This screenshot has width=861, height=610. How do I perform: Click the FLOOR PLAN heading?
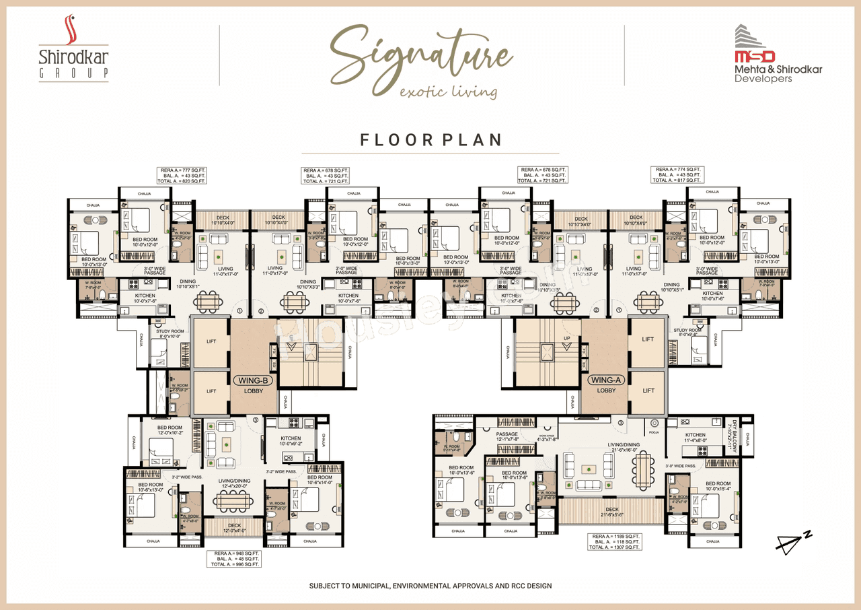click(x=430, y=139)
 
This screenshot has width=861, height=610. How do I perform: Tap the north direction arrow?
click(x=793, y=543)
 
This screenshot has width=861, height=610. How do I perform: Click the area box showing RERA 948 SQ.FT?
click(x=233, y=558)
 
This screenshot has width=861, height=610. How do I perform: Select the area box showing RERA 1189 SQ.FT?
click(x=614, y=541)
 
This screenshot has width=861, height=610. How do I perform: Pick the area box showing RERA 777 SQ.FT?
click(x=182, y=175)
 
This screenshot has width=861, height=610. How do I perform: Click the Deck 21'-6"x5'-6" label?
click(x=611, y=512)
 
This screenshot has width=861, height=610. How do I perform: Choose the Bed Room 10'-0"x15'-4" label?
click(x=718, y=487)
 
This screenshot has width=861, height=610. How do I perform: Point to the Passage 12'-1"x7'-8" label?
click(x=507, y=437)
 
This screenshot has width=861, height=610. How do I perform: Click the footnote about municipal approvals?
click(x=430, y=586)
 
